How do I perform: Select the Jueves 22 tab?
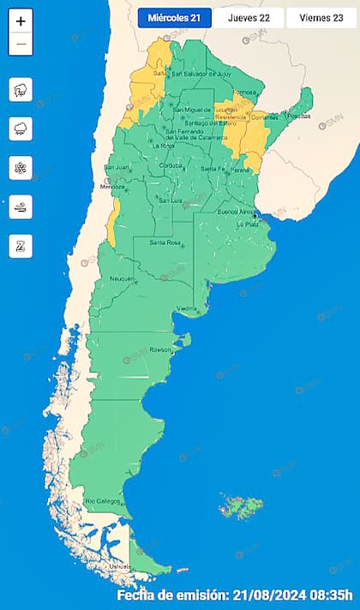(x=249, y=18)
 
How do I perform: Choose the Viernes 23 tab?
(x=321, y=18)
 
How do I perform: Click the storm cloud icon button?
(x=21, y=89)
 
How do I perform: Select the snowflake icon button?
(x=21, y=168)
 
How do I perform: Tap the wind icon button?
(x=21, y=206)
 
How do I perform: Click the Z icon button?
(x=21, y=246)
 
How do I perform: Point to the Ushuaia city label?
(x=119, y=566)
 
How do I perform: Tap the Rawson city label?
(x=161, y=349)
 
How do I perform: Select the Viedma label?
(x=187, y=308)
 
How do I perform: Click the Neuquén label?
(x=121, y=278)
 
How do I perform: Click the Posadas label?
(x=297, y=116)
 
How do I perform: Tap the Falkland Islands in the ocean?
(x=235, y=508)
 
